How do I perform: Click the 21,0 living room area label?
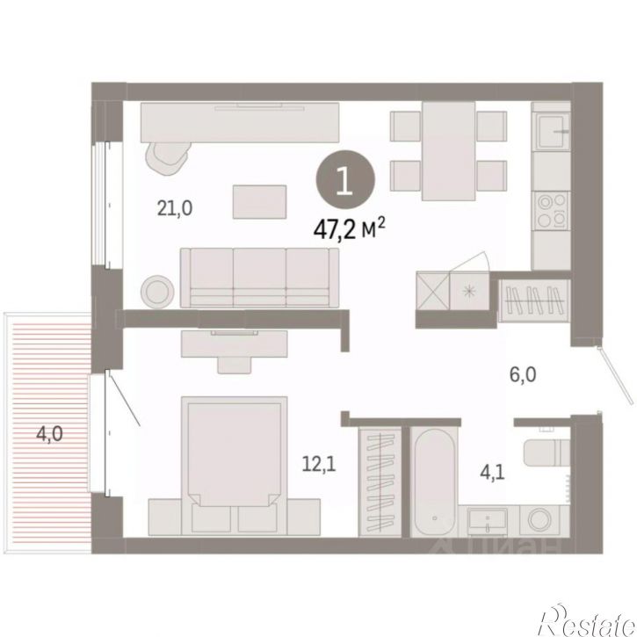(x=175, y=209)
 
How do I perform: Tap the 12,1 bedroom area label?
(x=319, y=464)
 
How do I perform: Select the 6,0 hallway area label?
(x=523, y=374)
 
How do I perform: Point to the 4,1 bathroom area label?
(x=492, y=473)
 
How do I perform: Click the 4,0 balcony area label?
(x=49, y=434)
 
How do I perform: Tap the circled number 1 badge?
(x=345, y=179)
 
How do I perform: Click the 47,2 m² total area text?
(x=349, y=229)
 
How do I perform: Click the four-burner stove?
(x=551, y=210)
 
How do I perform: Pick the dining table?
(x=448, y=151)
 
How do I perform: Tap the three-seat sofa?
(x=259, y=278)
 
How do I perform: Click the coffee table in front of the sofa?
(x=259, y=202)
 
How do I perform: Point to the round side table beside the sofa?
(x=157, y=292)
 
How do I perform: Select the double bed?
(x=235, y=466)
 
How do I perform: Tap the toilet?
(x=546, y=452)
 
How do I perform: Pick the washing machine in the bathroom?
(x=539, y=520)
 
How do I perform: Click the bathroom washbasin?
(x=487, y=521)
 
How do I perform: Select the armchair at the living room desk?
(x=168, y=158)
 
